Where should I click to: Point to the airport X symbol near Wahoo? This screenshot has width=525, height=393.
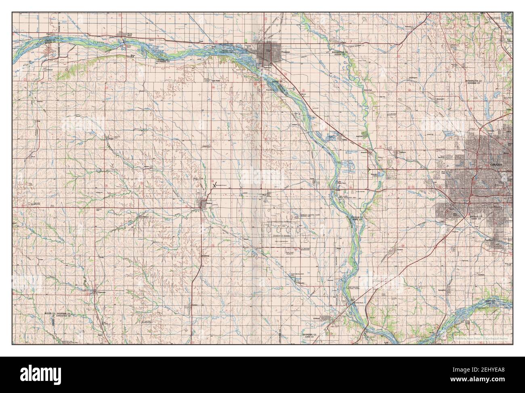[x=214, y=185]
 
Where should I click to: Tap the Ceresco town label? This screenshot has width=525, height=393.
[x=196, y=305]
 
